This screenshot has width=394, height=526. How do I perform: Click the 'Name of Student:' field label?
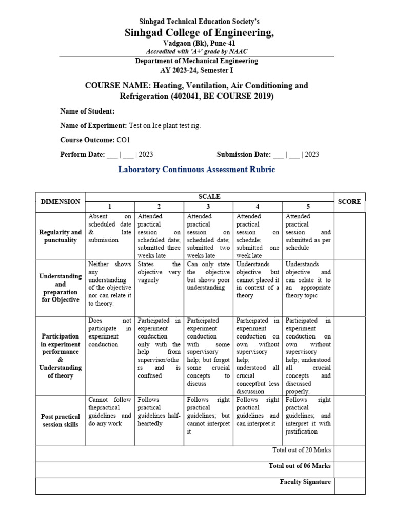[x=87, y=111]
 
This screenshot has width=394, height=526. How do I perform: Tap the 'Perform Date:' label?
[x=83, y=154]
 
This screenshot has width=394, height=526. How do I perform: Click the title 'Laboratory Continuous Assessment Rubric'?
[x=196, y=170]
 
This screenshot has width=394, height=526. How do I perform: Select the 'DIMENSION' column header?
[x=60, y=202]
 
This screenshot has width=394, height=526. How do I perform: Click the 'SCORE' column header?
[x=349, y=202]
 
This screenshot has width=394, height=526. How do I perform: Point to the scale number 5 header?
[x=307, y=206]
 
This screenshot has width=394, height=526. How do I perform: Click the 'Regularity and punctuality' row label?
[x=60, y=236]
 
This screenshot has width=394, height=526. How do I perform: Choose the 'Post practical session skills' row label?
[x=60, y=421]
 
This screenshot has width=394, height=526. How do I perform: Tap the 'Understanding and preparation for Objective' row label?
[x=60, y=288]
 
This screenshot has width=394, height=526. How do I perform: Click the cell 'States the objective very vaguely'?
[x=159, y=272]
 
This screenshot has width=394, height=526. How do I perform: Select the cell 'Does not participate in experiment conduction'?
[x=110, y=332]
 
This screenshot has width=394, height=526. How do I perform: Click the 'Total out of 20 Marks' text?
[x=301, y=450]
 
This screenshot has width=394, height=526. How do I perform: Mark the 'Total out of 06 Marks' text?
[x=300, y=466]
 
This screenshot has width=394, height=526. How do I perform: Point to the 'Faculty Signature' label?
[x=305, y=482]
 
